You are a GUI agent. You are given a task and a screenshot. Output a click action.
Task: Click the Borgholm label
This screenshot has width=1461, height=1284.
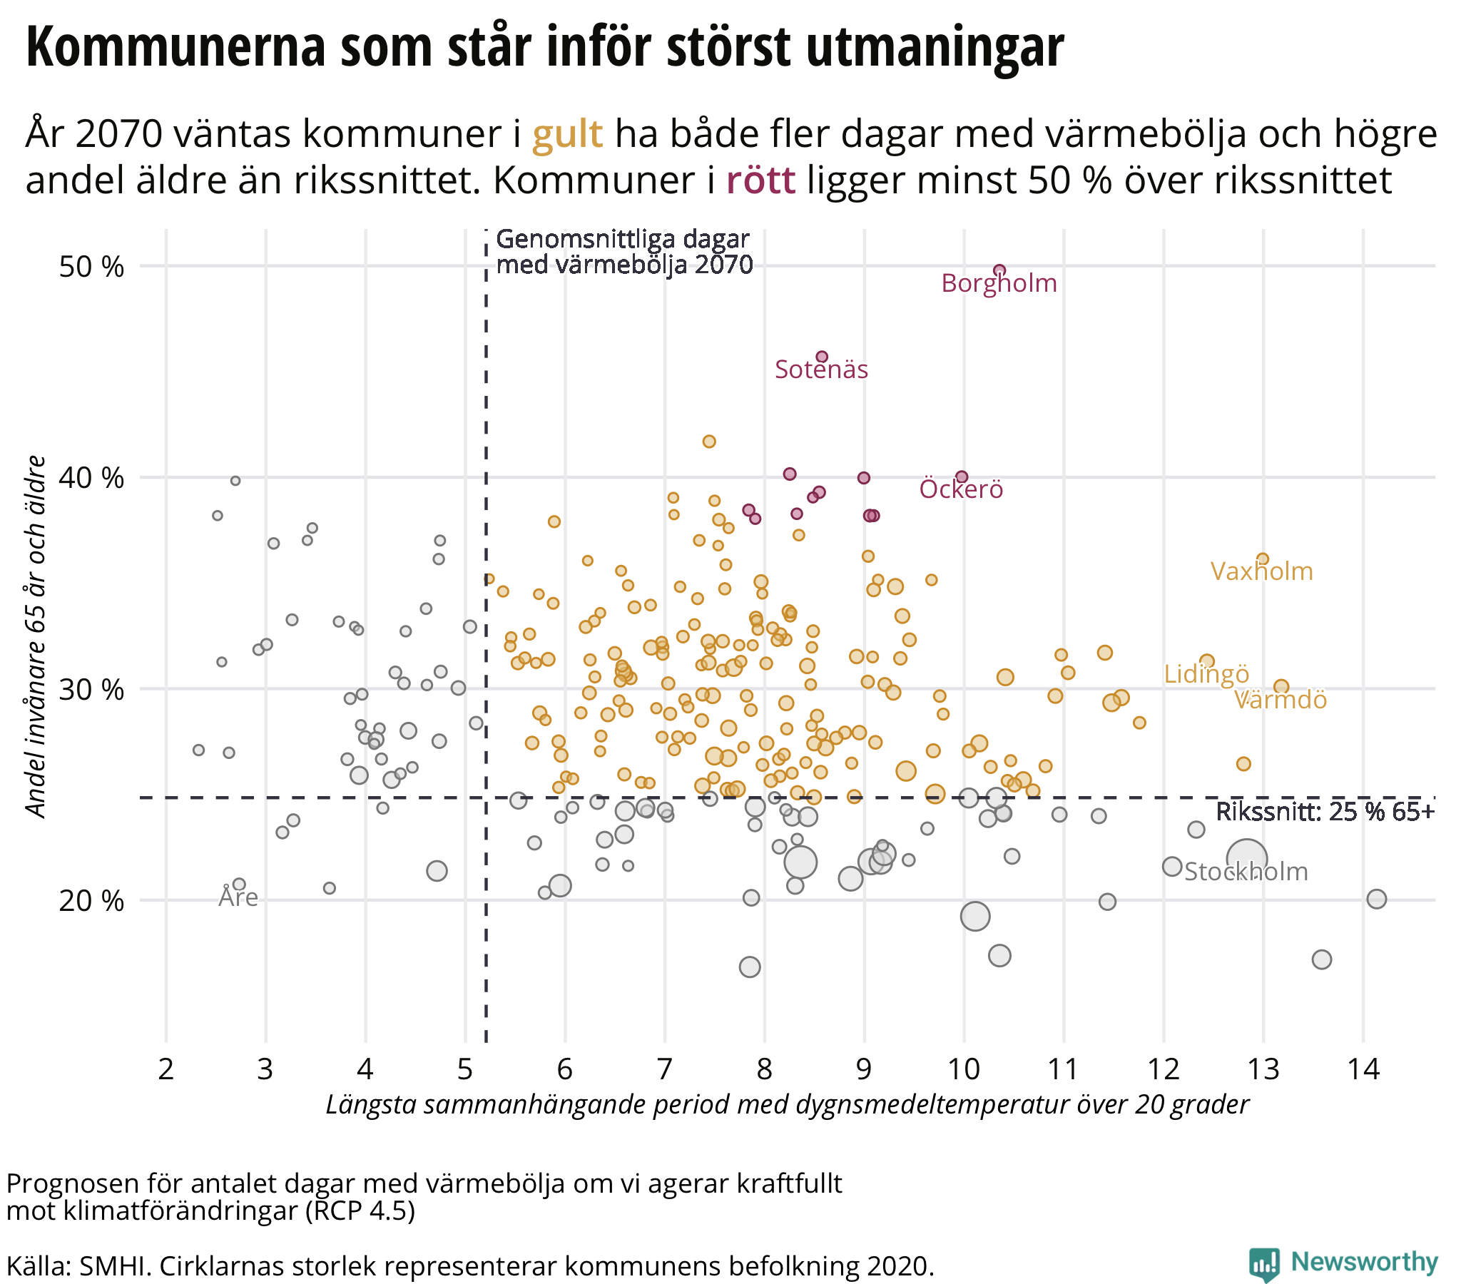(x=999, y=284)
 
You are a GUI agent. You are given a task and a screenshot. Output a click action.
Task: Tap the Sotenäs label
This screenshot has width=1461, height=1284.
(x=821, y=370)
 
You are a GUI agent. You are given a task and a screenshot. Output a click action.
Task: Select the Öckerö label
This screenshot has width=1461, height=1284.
(x=961, y=490)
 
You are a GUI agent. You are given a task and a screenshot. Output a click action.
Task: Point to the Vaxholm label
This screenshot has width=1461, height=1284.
(x=1261, y=572)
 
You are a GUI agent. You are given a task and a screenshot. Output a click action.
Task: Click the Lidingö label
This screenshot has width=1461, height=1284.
(x=1206, y=674)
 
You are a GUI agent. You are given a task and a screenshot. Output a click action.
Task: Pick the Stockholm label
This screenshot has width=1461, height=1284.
(x=1246, y=872)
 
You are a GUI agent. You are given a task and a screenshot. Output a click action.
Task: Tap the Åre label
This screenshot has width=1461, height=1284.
(x=238, y=897)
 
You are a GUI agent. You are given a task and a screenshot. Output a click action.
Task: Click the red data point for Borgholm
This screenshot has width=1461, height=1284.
(x=999, y=270)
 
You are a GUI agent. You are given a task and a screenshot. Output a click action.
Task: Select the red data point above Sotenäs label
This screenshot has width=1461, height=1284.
(x=822, y=356)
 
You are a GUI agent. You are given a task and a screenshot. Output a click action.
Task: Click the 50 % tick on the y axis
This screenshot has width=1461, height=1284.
(x=91, y=267)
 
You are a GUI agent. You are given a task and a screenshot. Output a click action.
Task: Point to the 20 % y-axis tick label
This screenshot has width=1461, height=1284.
(x=91, y=902)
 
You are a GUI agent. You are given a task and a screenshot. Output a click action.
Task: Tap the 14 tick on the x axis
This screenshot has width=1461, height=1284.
(x=1363, y=1069)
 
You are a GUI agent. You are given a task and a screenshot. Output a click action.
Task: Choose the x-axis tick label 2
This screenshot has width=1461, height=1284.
(x=166, y=1069)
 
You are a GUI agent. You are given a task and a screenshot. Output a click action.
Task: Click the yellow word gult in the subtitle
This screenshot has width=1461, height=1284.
(x=568, y=134)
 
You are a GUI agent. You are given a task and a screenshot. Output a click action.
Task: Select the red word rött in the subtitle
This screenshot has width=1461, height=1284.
(x=760, y=180)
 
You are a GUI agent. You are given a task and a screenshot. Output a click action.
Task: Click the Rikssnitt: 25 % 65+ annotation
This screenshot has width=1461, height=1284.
(x=1325, y=812)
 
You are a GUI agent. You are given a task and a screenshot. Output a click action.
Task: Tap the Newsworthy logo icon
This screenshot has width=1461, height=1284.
(x=1263, y=1263)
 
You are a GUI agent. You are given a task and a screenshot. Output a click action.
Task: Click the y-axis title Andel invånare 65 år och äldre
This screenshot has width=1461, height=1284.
(x=36, y=636)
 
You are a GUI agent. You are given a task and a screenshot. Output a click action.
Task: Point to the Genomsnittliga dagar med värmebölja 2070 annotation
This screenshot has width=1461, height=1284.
(x=623, y=252)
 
